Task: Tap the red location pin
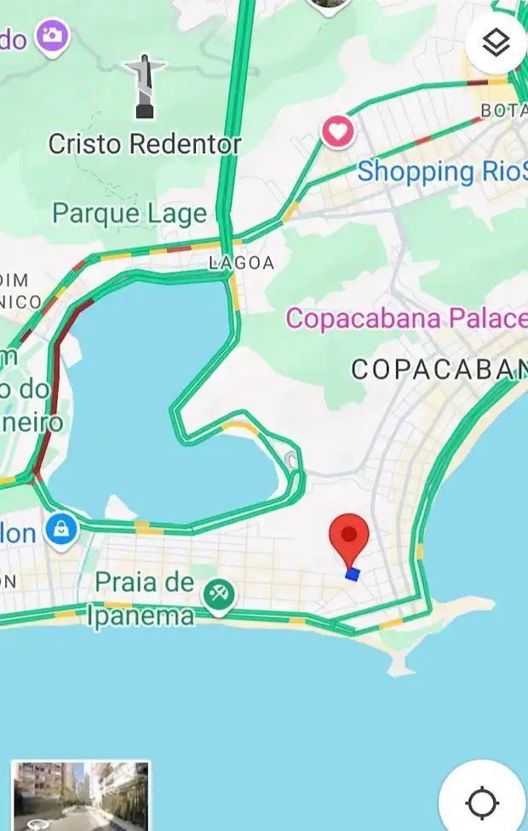point(348,536)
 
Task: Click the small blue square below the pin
point(353,575)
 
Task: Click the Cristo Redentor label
point(144,144)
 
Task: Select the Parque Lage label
point(129,213)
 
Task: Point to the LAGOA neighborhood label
point(242,264)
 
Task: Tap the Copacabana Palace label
point(405,318)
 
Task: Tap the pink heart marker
point(338,132)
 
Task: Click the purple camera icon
point(53,37)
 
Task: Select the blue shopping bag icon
point(61,530)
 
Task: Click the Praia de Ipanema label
point(143,599)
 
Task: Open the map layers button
point(496,43)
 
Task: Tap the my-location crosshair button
point(482,801)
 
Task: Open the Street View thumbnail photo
point(81,795)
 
